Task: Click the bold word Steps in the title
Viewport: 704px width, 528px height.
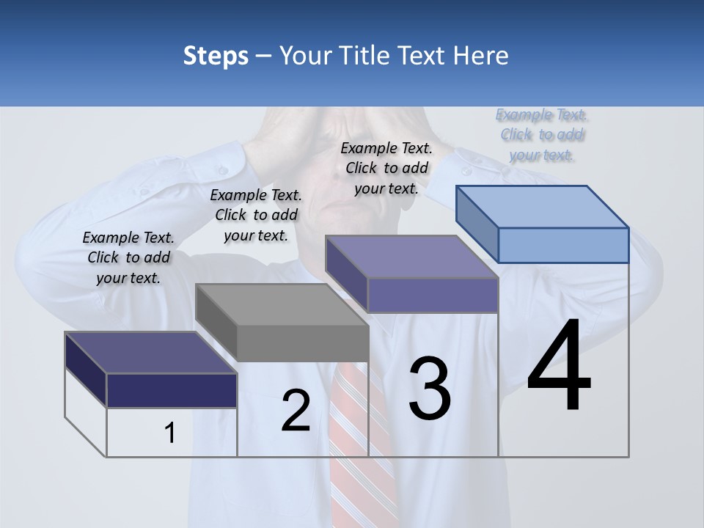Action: [x=216, y=56]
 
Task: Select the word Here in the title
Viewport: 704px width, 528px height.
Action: [x=480, y=56]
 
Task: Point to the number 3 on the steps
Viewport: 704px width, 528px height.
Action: [x=430, y=389]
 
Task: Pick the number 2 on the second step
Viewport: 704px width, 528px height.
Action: [x=296, y=411]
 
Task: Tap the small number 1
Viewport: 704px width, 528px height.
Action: [x=170, y=433]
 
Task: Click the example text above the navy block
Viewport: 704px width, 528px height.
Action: [x=128, y=258]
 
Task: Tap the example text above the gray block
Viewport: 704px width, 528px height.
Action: [x=256, y=216]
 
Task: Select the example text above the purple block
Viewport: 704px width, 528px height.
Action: [x=386, y=168]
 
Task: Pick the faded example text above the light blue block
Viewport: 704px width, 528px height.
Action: [x=542, y=134]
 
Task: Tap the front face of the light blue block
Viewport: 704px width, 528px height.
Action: [x=563, y=245]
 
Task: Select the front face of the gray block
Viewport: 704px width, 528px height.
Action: [x=303, y=343]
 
